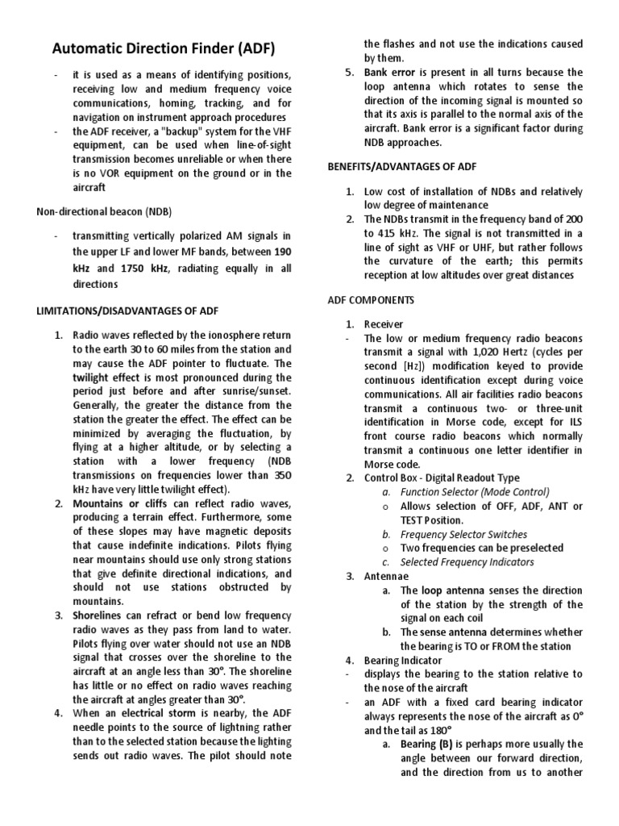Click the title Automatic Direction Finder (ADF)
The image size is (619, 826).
[164, 49]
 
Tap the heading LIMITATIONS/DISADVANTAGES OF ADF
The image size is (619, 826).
[127, 311]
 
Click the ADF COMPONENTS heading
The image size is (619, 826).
[371, 300]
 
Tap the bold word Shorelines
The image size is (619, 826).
[101, 615]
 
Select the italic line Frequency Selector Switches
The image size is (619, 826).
[463, 534]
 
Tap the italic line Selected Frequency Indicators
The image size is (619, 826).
[467, 562]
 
